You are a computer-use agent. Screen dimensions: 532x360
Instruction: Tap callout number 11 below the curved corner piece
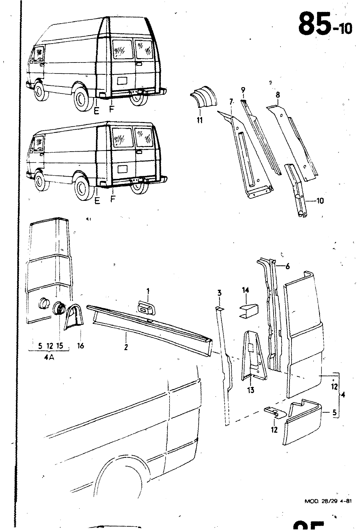point(200,119)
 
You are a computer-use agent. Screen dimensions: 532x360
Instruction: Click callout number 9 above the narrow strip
point(243,89)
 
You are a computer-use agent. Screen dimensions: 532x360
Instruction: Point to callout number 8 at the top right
point(278,95)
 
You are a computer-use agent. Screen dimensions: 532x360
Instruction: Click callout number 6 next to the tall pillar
point(288,266)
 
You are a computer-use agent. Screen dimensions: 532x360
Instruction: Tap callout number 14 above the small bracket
point(245,290)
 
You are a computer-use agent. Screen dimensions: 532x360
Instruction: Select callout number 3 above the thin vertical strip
point(219,293)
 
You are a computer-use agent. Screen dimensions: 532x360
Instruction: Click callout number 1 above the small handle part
point(148,291)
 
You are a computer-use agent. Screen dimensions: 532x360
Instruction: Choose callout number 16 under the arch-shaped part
point(80,346)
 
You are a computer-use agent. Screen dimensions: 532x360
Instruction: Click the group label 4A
point(49,354)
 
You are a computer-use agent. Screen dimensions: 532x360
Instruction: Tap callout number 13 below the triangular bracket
point(251,389)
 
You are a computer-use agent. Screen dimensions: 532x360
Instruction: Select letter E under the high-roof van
point(96,111)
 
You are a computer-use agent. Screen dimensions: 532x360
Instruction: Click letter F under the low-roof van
point(113,200)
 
